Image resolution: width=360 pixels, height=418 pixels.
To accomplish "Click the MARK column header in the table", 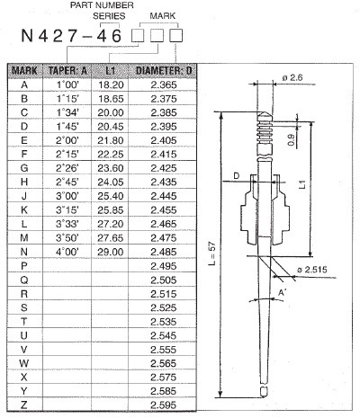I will click(24, 70).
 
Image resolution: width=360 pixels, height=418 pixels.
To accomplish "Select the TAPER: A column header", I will click(67, 70).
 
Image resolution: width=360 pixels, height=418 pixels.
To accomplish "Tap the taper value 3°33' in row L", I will click(67, 223).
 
